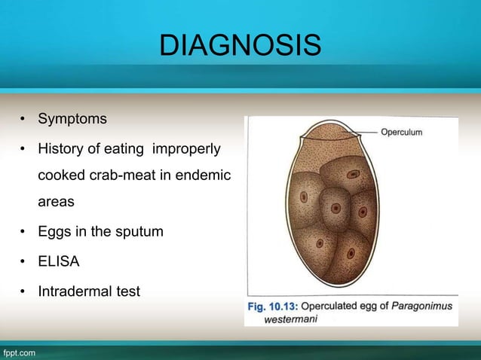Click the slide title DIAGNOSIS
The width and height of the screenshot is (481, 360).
(240, 47)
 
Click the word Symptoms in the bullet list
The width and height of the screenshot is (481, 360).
(72, 119)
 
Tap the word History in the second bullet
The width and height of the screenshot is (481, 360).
(63, 149)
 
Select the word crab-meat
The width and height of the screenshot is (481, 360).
(141, 175)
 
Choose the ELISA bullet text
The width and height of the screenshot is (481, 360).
(59, 261)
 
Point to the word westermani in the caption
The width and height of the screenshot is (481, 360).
(291, 319)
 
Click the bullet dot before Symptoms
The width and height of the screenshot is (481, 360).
(24, 120)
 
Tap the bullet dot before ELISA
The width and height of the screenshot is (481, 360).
(24, 261)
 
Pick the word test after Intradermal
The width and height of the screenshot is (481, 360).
(127, 291)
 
